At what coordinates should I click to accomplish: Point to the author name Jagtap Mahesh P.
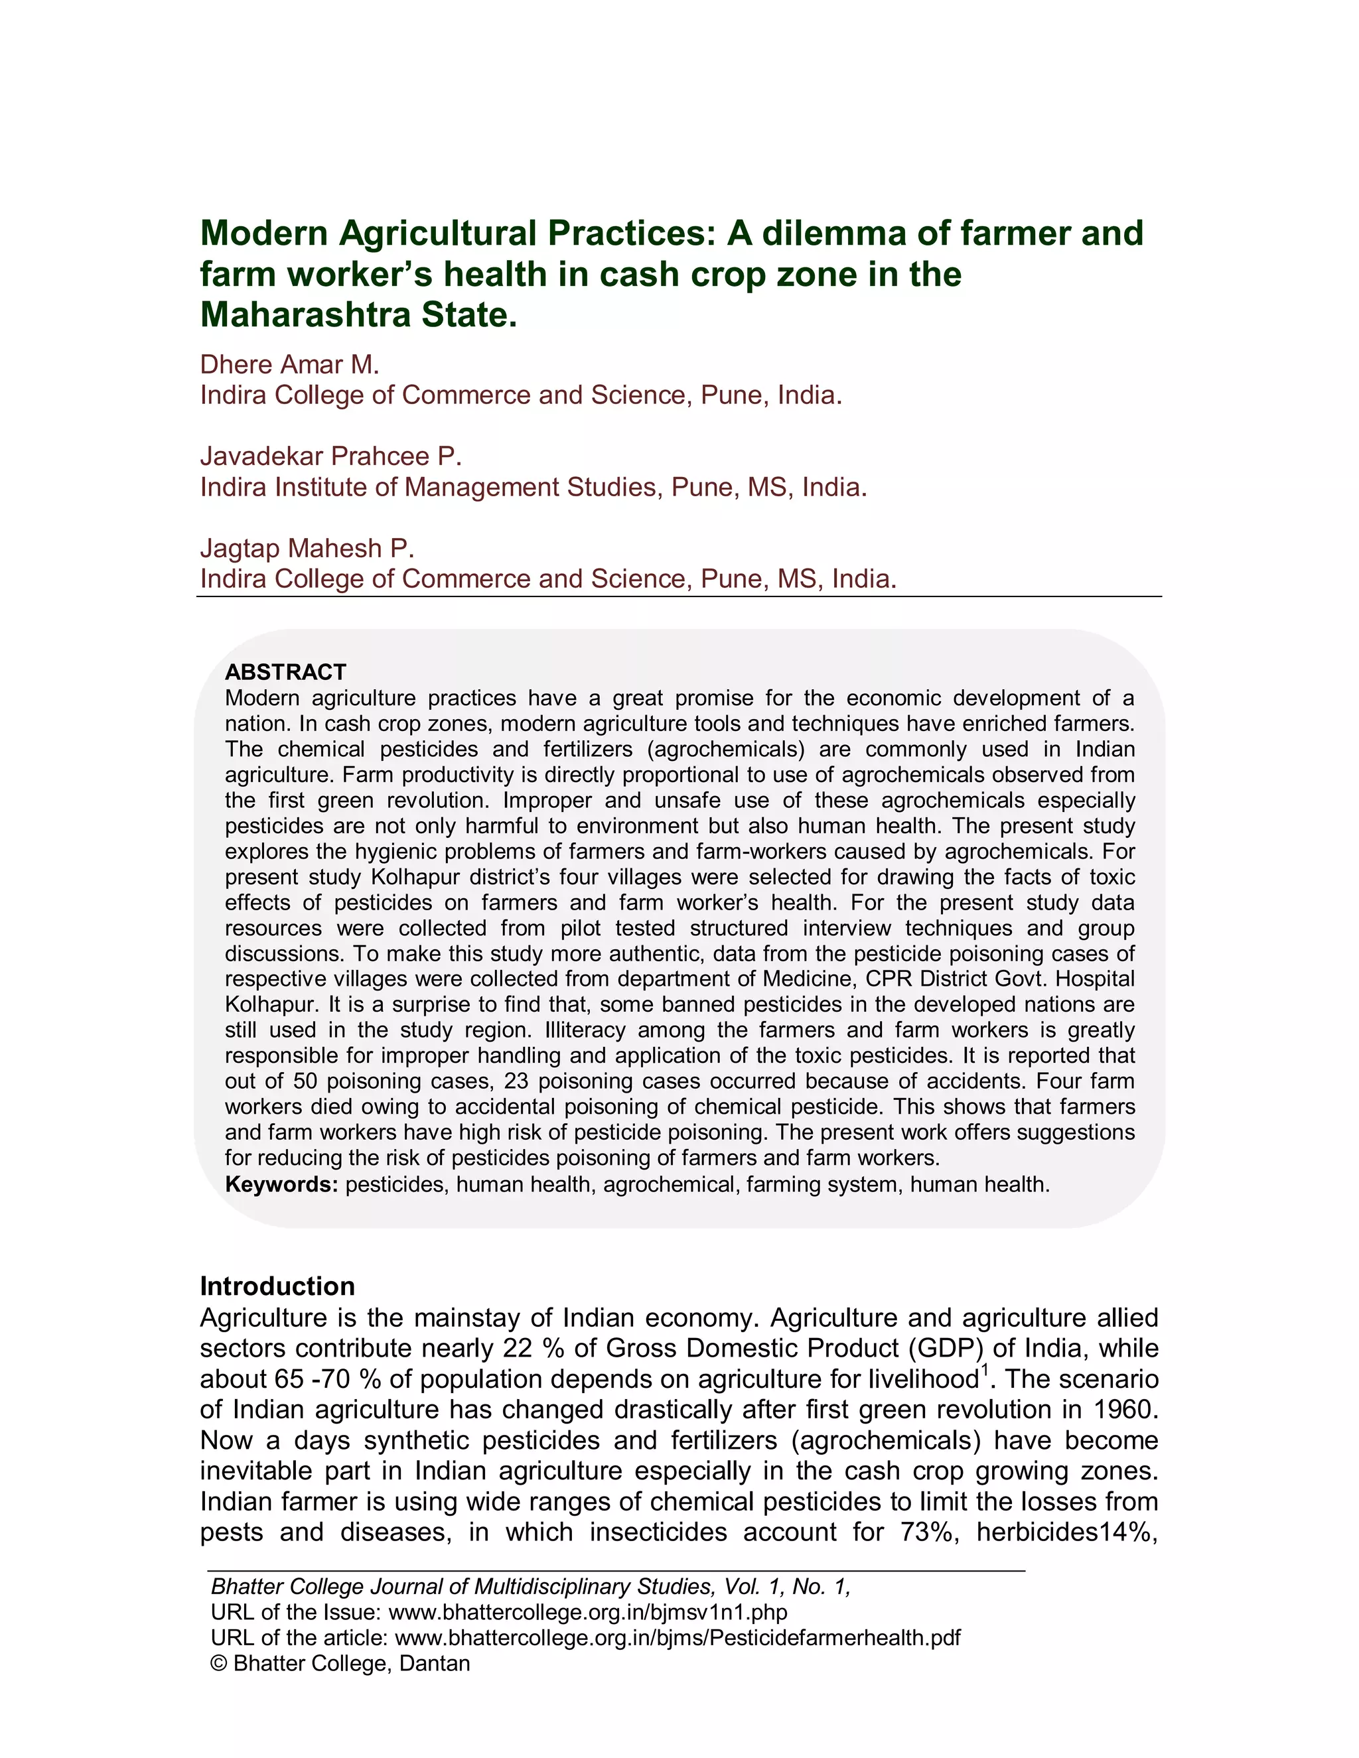[307, 548]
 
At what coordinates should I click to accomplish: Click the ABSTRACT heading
[286, 672]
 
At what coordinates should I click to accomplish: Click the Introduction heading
[277, 1286]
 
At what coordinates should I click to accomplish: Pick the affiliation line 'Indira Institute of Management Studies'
[533, 487]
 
